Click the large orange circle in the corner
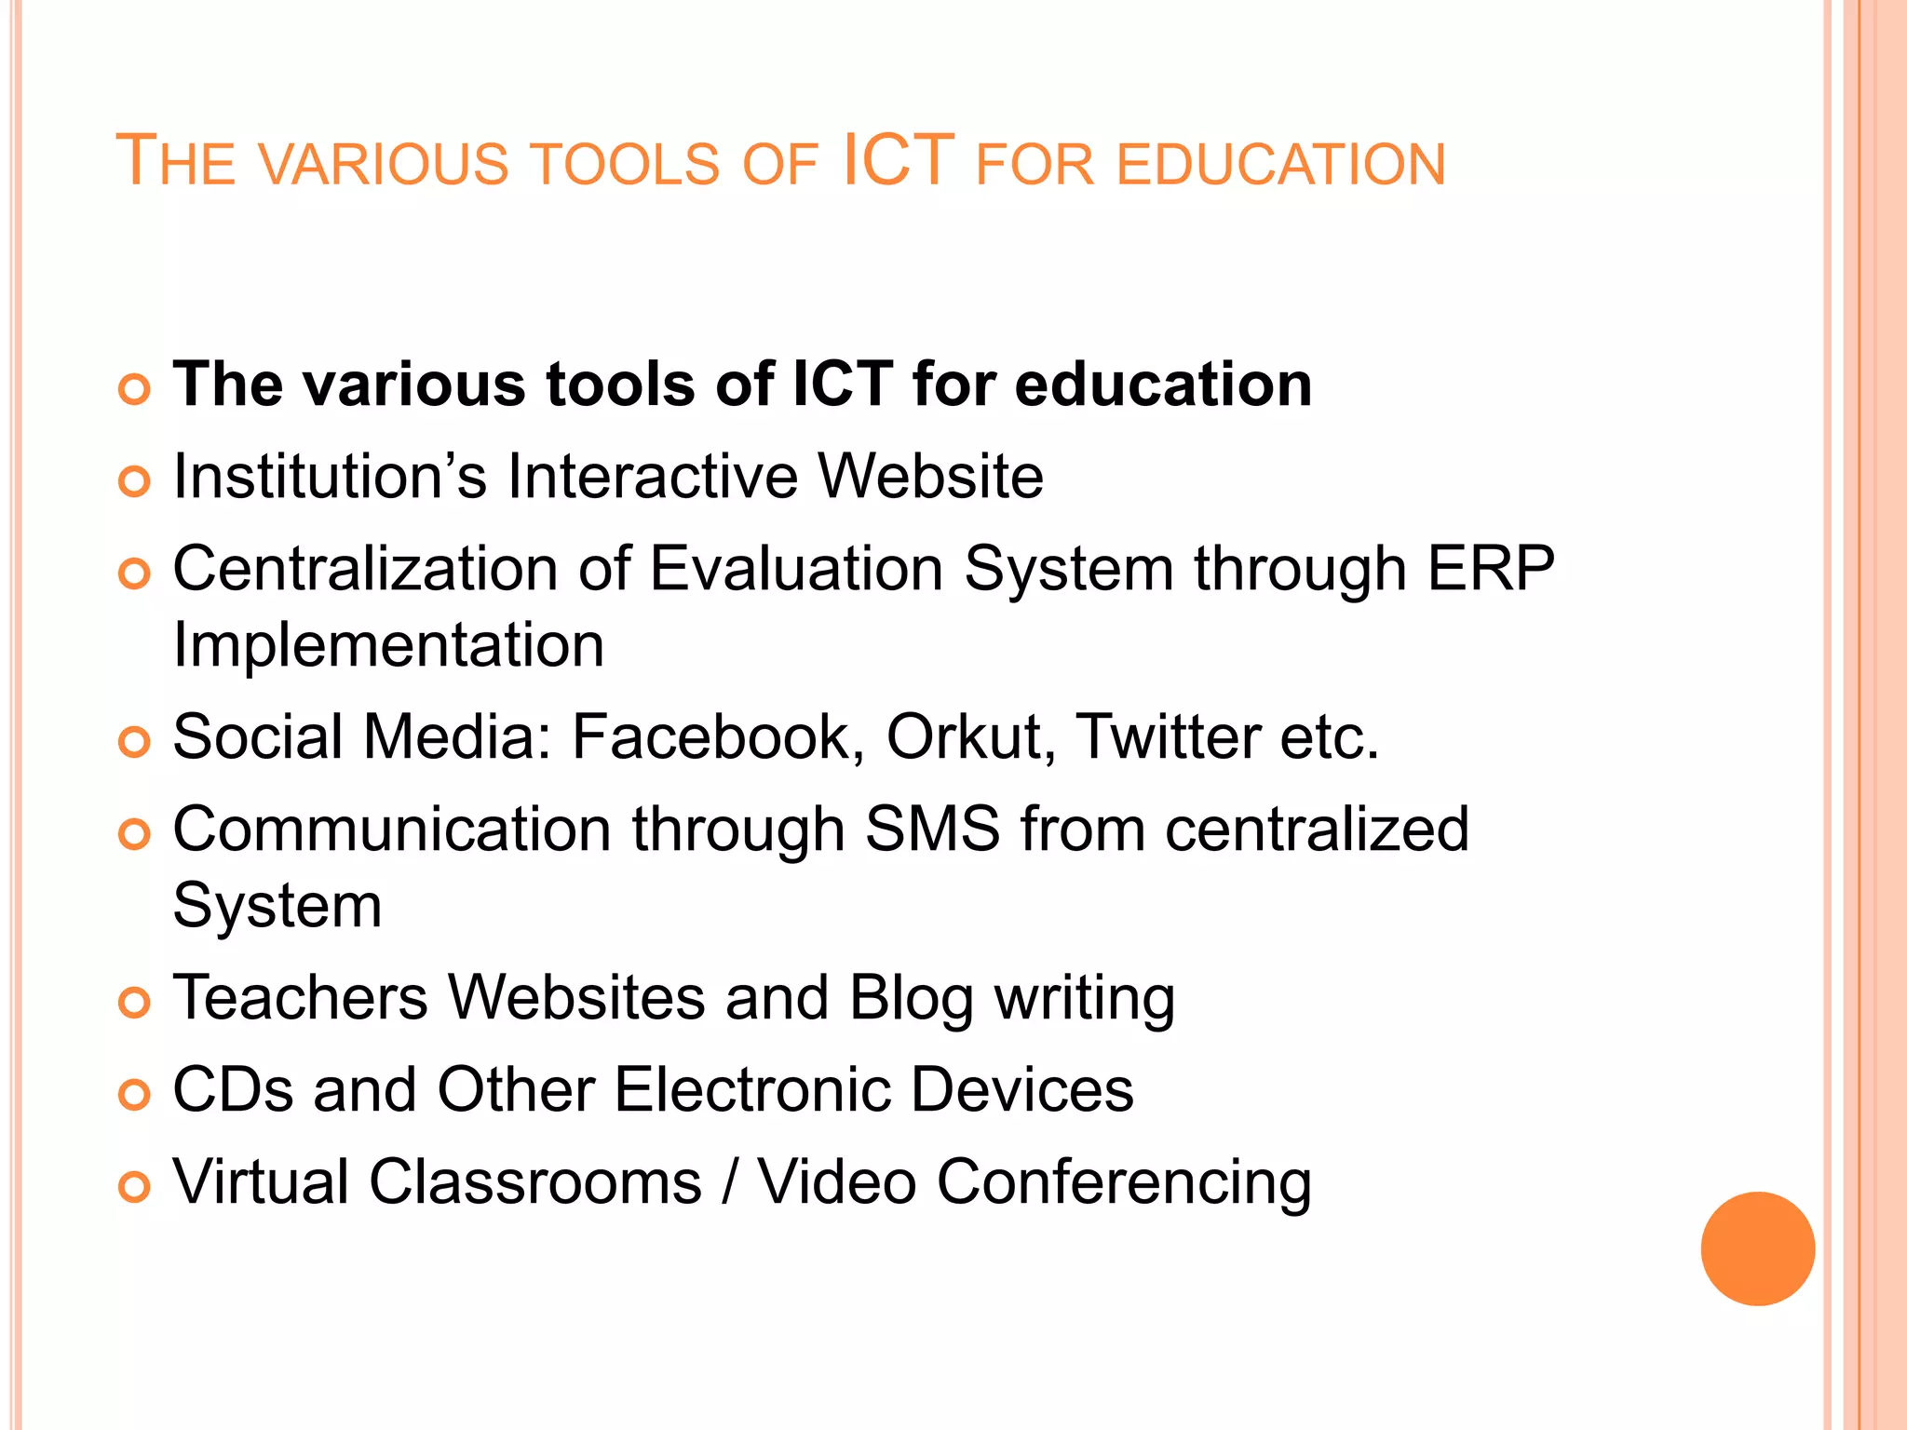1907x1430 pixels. pos(1757,1248)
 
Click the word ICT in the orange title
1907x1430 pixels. pos(898,160)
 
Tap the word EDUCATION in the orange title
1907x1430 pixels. pos(1280,165)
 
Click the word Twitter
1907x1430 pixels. pos(1168,736)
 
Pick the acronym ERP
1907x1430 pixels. pos(1491,568)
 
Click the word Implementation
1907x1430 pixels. pos(388,644)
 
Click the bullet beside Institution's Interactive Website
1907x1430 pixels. pos(135,481)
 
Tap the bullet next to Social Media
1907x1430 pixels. pos(135,742)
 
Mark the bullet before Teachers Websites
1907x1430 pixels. pos(135,1003)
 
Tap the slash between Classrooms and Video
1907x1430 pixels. pos(730,1182)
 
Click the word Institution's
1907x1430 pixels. pos(330,476)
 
